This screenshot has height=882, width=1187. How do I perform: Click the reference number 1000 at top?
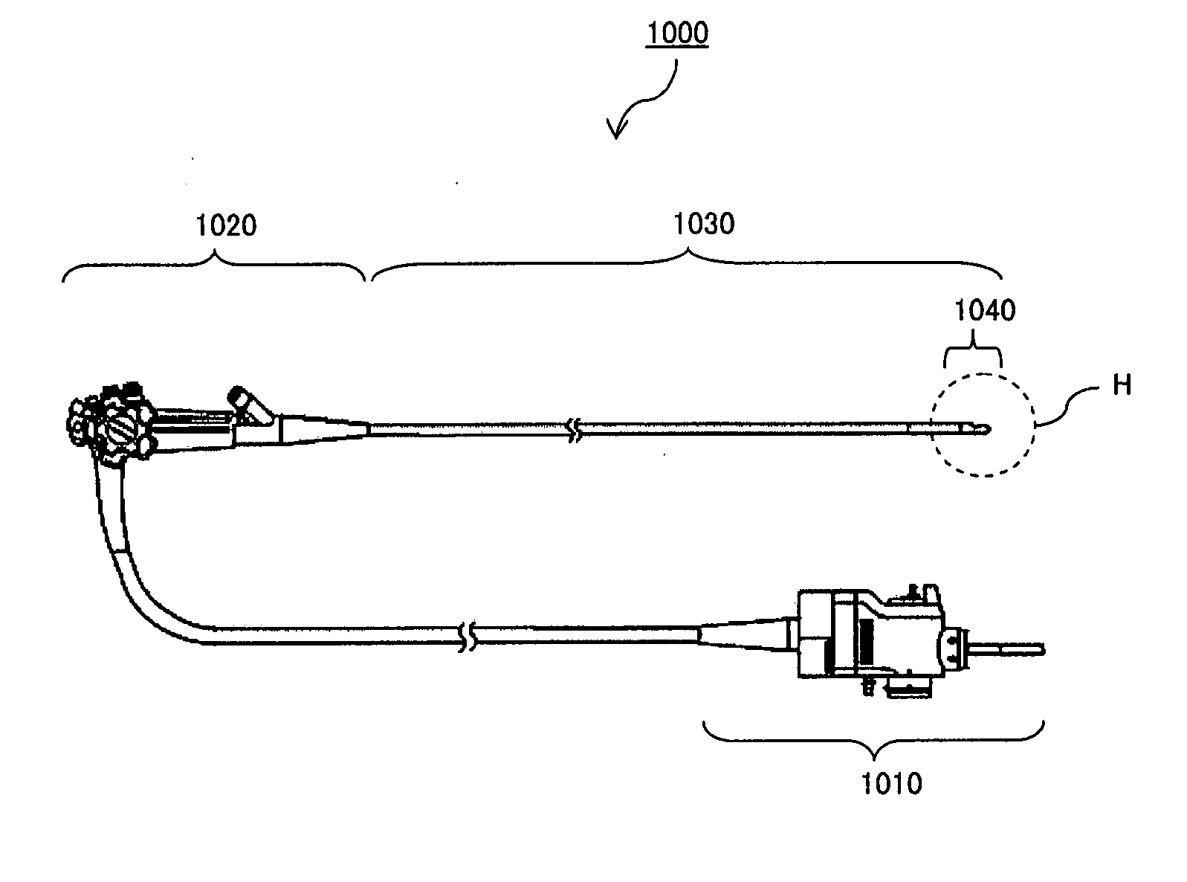[677, 33]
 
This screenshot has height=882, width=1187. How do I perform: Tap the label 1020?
[225, 224]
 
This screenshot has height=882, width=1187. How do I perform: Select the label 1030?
[703, 223]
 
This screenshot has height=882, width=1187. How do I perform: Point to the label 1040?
[984, 310]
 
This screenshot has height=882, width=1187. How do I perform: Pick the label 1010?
[891, 783]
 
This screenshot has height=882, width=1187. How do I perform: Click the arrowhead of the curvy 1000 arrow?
[615, 132]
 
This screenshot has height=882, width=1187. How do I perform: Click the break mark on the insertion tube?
[572, 429]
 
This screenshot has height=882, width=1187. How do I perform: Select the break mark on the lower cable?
[466, 637]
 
